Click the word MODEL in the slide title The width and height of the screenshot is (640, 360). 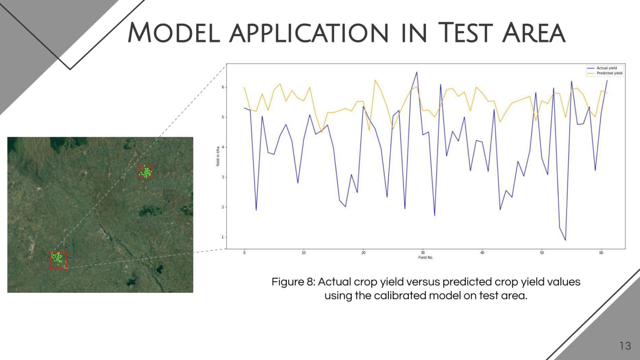(173, 32)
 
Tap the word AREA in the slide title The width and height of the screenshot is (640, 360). (534, 32)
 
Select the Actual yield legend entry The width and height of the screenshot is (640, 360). (606, 68)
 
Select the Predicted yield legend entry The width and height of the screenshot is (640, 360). (609, 73)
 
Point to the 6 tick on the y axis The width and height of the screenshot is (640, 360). (223, 87)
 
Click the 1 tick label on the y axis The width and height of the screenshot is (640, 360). (223, 237)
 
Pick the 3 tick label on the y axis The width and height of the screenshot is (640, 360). (223, 177)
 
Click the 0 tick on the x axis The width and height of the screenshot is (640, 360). (244, 252)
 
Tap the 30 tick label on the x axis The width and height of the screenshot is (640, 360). (422, 252)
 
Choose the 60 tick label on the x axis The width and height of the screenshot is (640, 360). (601, 252)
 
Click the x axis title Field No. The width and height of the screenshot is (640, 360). (425, 257)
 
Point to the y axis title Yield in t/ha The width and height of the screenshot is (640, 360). (217, 156)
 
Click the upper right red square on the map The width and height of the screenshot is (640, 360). (145, 171)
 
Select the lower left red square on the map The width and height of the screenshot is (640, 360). (58, 260)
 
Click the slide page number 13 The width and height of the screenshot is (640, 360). (625, 346)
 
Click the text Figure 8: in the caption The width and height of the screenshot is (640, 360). (293, 282)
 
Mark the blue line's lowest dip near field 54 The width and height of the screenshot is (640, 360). (565, 240)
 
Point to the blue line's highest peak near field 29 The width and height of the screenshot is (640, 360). (417, 72)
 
